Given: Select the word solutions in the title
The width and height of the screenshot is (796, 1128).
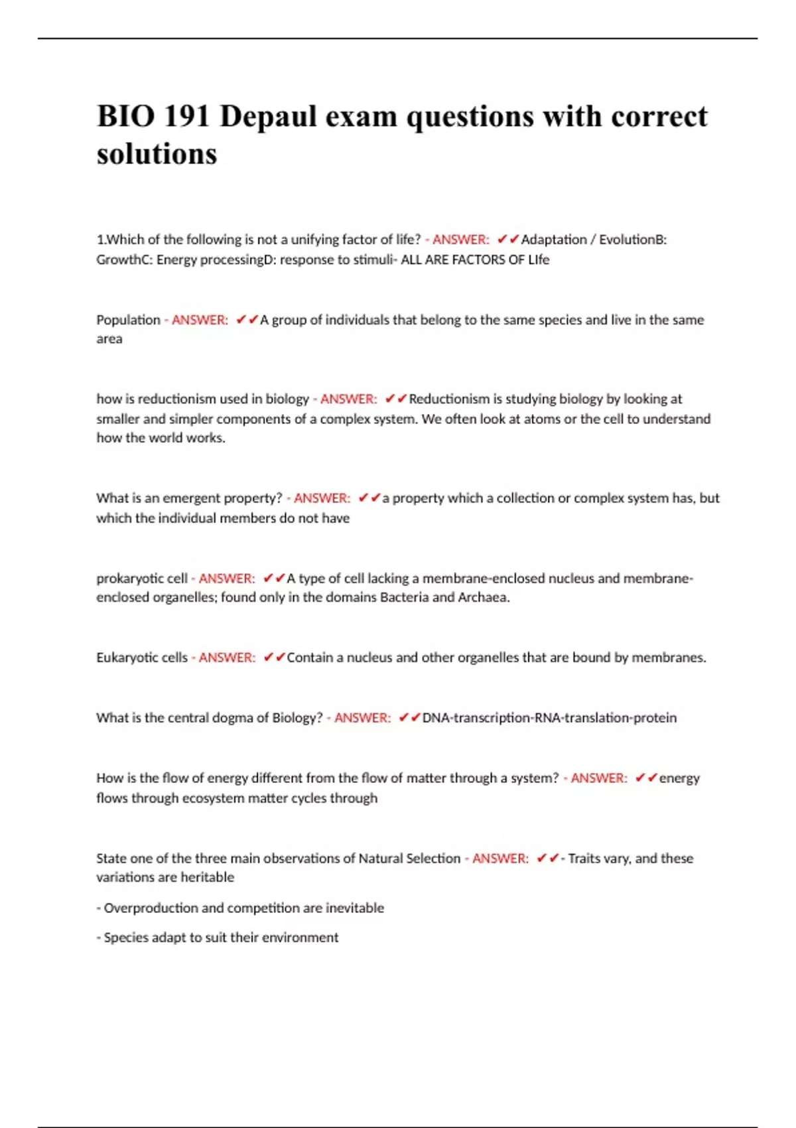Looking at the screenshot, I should click(x=157, y=154).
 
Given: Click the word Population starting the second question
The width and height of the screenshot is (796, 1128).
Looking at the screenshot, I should click(x=128, y=320).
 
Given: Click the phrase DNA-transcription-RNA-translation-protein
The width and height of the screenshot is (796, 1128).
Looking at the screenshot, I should click(x=549, y=717).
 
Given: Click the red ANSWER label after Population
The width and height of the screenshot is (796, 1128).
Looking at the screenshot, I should click(x=200, y=320).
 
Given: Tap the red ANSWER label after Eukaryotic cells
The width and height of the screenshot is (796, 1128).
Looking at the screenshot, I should click(x=227, y=658).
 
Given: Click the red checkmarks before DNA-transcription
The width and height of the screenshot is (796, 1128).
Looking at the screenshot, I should click(x=409, y=717).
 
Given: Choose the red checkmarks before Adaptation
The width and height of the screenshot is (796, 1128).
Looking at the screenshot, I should click(x=507, y=240).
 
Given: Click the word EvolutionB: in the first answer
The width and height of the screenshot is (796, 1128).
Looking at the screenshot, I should click(x=632, y=240).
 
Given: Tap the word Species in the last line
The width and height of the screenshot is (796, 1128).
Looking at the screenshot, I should click(x=126, y=938).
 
